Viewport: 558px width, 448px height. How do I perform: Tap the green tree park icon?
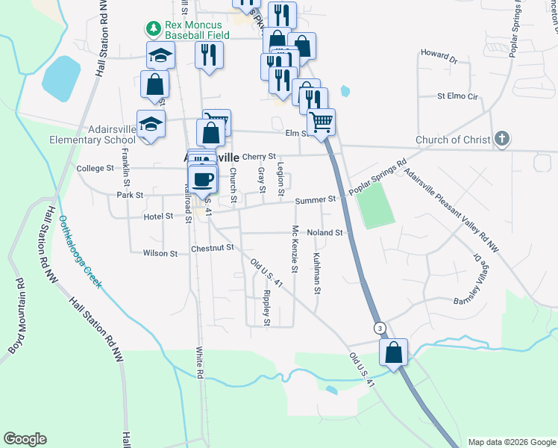(154, 29)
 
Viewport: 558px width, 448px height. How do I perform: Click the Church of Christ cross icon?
(503, 139)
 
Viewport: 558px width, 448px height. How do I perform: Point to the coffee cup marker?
(203, 178)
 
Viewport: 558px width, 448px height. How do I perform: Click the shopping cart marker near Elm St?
(322, 122)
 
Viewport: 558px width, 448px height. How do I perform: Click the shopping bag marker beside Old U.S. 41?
(393, 352)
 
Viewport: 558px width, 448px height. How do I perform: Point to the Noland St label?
(324, 232)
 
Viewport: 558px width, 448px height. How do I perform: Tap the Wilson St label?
(160, 253)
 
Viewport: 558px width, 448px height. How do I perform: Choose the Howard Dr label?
(438, 55)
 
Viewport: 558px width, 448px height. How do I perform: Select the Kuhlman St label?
(317, 270)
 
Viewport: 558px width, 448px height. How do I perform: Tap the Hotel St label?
(158, 216)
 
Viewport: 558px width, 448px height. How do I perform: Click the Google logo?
(25, 439)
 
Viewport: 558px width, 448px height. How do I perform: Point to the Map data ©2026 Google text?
(511, 442)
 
